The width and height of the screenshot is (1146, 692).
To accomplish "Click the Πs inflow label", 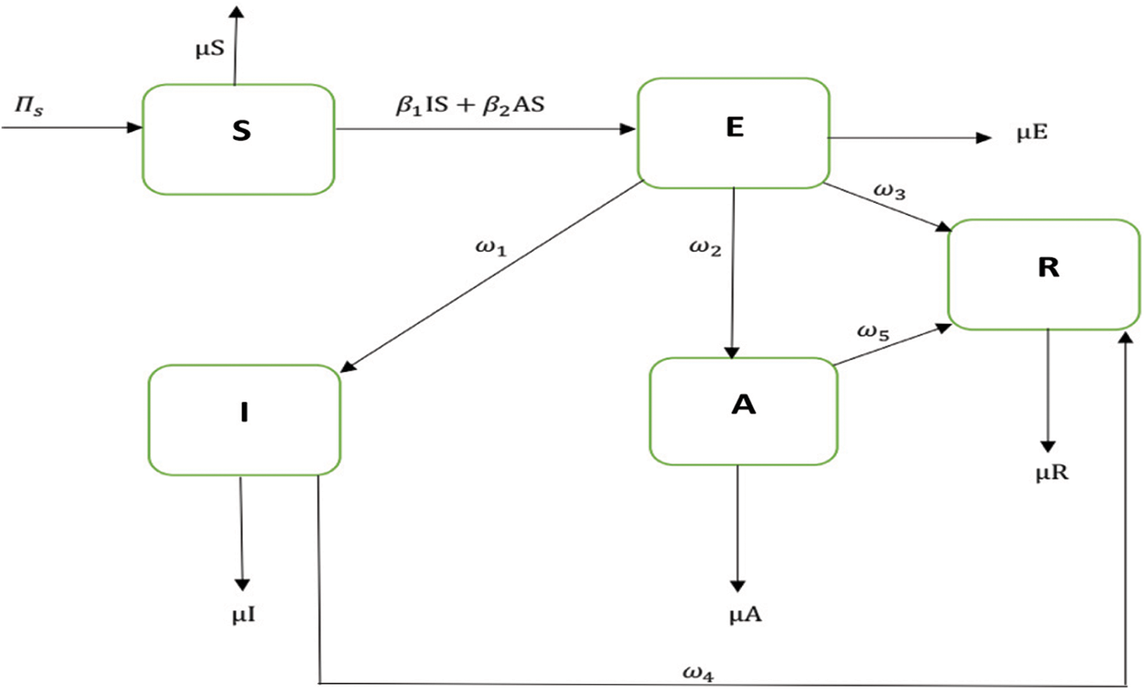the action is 28,107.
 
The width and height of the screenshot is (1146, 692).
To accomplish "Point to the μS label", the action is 210,50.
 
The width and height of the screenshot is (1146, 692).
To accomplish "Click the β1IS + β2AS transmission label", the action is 470,106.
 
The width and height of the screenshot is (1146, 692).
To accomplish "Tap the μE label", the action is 1032,133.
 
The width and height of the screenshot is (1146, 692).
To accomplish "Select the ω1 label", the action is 491,248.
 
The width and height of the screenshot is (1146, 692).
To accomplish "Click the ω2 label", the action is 705,248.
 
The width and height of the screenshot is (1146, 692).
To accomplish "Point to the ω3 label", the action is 889,192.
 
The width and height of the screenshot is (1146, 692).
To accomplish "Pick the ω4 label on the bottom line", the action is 698,674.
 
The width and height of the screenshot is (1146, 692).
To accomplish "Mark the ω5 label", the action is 873,333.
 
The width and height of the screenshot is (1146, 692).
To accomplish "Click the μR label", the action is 1052,473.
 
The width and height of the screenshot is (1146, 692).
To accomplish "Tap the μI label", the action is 244,615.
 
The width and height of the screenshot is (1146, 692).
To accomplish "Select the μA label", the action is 745,615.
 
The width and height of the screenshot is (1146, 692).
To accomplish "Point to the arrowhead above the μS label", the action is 236,11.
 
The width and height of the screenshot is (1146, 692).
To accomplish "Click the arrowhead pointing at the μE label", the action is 983,138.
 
